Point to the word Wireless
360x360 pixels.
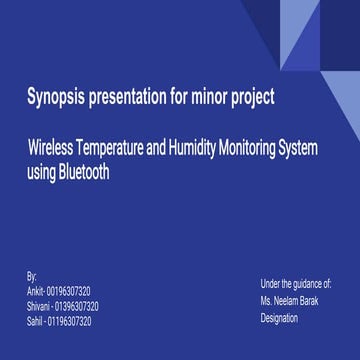[55, 149]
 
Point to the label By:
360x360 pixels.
[32, 274]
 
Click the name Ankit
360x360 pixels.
[35, 291]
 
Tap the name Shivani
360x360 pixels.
[39, 306]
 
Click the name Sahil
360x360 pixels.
[36, 322]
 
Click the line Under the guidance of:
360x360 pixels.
[296, 284]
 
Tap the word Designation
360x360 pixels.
[279, 317]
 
